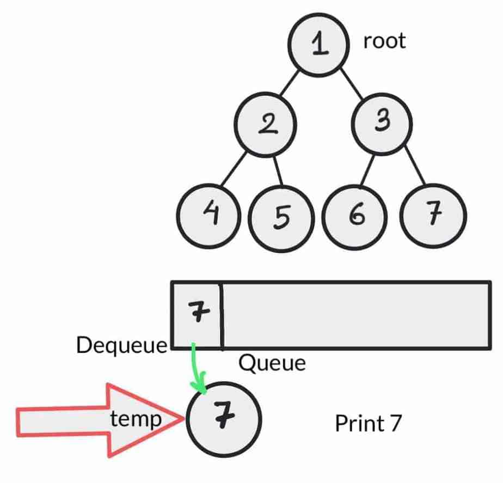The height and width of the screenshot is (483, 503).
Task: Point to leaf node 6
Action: point(355,216)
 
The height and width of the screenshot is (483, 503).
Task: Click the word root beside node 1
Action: point(384,41)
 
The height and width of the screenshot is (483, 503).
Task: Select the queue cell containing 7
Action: point(197,314)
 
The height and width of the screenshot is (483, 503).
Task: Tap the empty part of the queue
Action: point(357,314)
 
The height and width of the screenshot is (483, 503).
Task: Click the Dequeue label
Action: point(121,345)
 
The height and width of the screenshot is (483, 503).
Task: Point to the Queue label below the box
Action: point(272,363)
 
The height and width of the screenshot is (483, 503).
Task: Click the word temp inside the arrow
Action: point(136,419)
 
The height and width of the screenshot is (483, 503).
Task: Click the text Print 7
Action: point(368,423)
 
